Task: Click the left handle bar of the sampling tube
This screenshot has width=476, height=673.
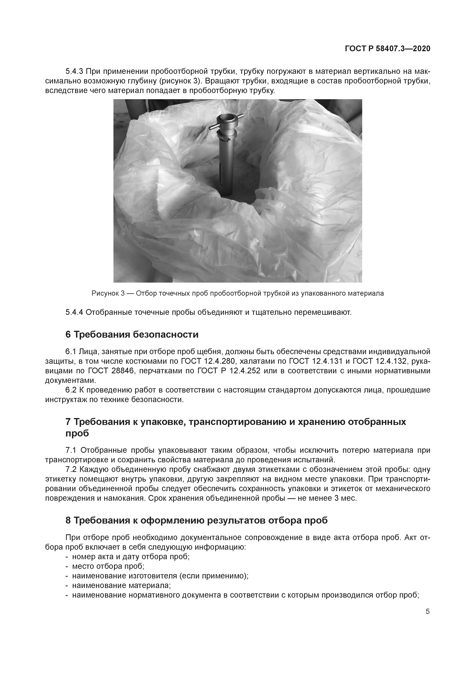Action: pos(213,127)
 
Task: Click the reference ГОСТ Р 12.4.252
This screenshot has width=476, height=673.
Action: pos(229,371)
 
